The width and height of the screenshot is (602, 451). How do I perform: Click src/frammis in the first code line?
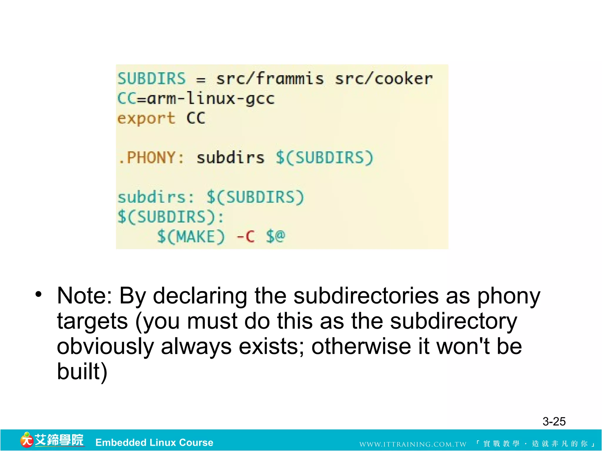[x=270, y=79]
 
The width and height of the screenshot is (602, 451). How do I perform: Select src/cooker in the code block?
[x=384, y=79]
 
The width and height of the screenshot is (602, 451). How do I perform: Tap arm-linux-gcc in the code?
[x=211, y=98]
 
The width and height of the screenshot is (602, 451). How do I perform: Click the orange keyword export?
[x=146, y=118]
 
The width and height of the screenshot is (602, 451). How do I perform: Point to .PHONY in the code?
[x=150, y=158]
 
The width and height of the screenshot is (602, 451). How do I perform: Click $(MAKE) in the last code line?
[x=191, y=236]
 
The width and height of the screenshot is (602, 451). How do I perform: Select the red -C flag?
[x=246, y=236]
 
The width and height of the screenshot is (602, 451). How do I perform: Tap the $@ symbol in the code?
[x=275, y=236]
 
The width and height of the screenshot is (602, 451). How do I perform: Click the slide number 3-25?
[x=554, y=422]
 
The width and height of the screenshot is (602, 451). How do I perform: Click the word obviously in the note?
[x=105, y=347]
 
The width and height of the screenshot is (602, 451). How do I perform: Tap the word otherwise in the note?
[x=361, y=347]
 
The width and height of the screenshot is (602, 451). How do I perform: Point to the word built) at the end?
[x=82, y=372]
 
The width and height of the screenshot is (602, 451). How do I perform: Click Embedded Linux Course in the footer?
[x=154, y=442]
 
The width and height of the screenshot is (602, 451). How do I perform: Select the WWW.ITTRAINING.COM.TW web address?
[x=413, y=444]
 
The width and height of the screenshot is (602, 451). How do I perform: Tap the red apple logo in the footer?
[x=26, y=440]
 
